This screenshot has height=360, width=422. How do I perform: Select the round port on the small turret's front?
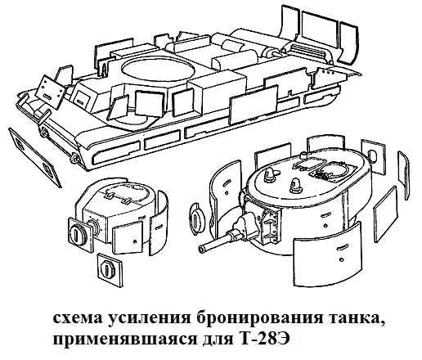77,232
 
